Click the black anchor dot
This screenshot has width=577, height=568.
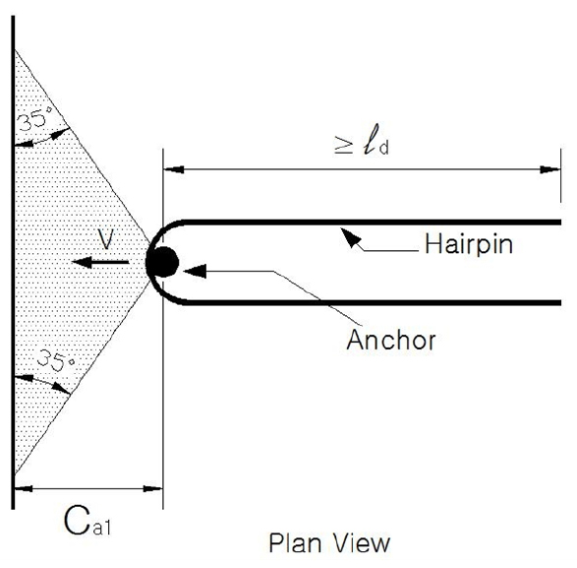coord(162,262)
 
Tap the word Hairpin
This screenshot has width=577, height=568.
coord(469,244)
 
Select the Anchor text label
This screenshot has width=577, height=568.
coord(391,340)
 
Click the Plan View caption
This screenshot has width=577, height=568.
coord(329,543)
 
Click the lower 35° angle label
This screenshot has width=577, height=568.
coord(56,360)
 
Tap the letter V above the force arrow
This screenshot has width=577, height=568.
coord(106,239)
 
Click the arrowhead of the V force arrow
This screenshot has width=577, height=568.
coord(80,262)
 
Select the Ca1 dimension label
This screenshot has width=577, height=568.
coord(87,521)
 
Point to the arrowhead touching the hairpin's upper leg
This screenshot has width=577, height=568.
coord(350,237)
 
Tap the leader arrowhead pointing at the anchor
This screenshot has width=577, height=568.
coord(195,272)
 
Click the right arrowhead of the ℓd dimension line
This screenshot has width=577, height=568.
coord(549,169)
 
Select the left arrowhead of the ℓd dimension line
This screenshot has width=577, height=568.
coord(174,169)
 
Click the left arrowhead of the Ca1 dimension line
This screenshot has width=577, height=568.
coord(24,488)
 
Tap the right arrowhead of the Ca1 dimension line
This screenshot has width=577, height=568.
coord(152,488)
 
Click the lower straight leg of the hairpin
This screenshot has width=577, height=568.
coord(372,302)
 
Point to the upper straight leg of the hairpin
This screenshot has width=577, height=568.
coord(372,222)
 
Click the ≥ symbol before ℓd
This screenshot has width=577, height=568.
coord(343,145)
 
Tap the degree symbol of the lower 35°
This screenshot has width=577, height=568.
coord(72,362)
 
